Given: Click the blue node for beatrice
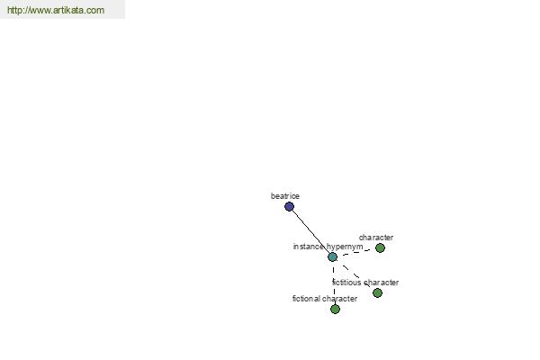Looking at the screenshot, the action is coord(289,207).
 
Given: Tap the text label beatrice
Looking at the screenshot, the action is coord(285,196).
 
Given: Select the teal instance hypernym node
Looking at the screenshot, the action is coord(332,257).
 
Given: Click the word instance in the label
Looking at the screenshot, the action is coord(308,247).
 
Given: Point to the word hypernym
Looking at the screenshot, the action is coord(345,247).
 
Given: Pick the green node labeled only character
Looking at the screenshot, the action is coord(380,248).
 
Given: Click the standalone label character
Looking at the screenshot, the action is coord(376,238).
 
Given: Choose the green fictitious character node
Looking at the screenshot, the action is coord(377,292).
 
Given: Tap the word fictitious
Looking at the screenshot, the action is coord(346,283).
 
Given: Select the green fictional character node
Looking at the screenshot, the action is coord(335,309).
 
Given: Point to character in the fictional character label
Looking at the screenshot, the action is coord(340,299).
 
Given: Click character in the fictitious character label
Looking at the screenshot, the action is coord(382,283).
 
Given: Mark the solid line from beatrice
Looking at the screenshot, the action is coord(311,232).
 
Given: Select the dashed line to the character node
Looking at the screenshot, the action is coord(356,253).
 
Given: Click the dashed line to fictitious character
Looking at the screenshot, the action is coord(355,274).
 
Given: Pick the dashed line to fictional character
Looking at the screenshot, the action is coord(334,283).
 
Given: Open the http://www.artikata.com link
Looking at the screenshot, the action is coord(56,10).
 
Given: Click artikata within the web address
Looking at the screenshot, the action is coord(69,10).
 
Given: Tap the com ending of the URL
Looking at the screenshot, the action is coord(95,10).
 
